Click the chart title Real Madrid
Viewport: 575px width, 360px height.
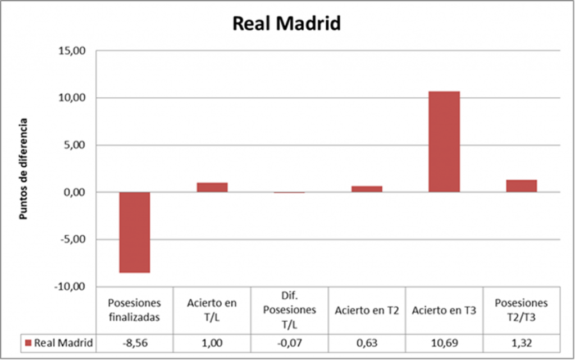click(x=287, y=24)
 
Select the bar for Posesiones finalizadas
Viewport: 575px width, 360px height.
click(x=134, y=232)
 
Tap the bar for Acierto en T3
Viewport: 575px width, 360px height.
click(x=444, y=142)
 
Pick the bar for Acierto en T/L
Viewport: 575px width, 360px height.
click(x=212, y=187)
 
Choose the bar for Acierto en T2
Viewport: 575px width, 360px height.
click(x=367, y=189)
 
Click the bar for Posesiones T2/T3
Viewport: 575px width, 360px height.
click(x=522, y=186)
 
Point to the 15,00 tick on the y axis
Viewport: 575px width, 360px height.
click(x=72, y=51)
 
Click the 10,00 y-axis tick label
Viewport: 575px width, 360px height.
click(x=72, y=98)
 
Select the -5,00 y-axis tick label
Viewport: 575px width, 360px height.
click(x=72, y=239)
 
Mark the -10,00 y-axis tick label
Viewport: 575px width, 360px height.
click(x=71, y=286)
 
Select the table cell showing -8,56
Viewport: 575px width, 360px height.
click(x=134, y=342)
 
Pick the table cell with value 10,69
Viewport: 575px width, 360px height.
click(x=444, y=342)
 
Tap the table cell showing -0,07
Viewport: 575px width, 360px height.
click(x=289, y=342)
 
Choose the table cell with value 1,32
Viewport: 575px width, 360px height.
click(x=522, y=342)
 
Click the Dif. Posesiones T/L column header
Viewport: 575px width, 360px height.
click(x=289, y=310)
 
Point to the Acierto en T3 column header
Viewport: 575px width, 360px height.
click(x=444, y=310)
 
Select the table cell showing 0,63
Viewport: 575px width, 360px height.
click(x=367, y=342)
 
